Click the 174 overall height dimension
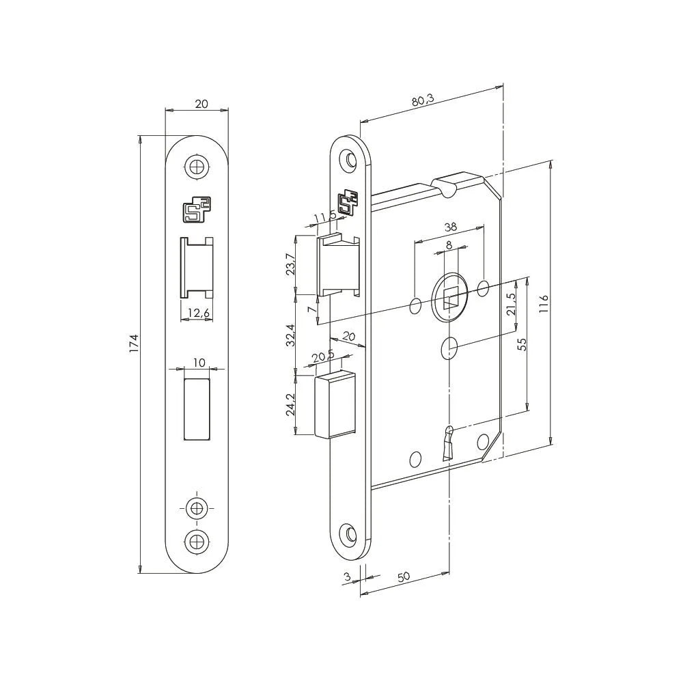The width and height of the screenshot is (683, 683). [134, 343]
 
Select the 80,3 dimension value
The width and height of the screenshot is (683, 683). [423, 100]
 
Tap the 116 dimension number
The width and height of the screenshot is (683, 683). [544, 303]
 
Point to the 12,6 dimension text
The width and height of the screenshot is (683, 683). [197, 313]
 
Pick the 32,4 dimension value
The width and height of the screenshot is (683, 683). [291, 335]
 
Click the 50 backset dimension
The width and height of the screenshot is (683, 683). [403, 576]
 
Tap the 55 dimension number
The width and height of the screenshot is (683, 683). [522, 344]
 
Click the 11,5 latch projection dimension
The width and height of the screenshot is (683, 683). [324, 218]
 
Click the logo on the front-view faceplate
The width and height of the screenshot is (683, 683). [197, 210]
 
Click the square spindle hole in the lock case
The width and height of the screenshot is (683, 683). [450, 298]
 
